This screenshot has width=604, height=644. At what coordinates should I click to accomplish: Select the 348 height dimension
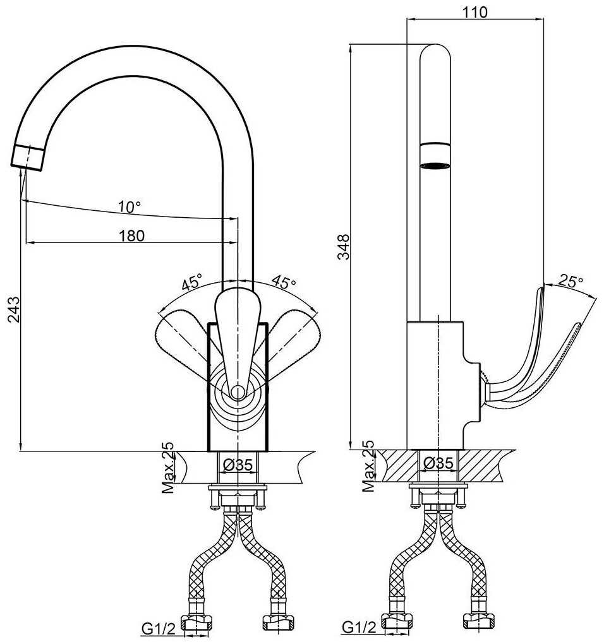click(x=342, y=247)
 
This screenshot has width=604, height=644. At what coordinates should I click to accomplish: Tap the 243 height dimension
click(x=13, y=310)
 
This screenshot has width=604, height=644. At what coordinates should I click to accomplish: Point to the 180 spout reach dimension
click(x=131, y=236)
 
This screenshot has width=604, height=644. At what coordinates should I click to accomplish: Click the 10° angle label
click(x=129, y=206)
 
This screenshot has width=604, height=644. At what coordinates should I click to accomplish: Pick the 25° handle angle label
click(x=571, y=282)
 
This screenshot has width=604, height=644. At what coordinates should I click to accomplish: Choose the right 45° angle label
click(x=284, y=282)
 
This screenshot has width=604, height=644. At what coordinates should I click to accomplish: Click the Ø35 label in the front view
click(x=238, y=465)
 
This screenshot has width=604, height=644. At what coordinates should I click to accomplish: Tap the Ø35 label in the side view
click(x=438, y=463)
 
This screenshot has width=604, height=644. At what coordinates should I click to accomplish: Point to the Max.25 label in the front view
click(x=167, y=467)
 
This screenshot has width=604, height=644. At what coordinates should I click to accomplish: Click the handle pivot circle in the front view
click(x=238, y=392)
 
